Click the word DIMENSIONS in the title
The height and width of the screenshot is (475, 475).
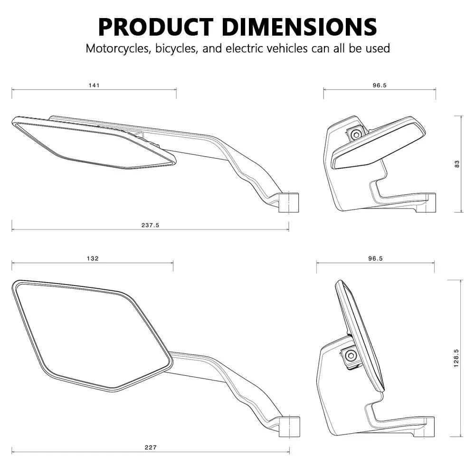[299, 27]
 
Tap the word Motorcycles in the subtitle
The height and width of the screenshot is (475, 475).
[116, 48]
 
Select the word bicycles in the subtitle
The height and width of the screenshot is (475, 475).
[175, 48]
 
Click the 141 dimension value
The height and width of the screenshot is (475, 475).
[94, 85]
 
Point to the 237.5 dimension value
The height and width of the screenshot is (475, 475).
[150, 225]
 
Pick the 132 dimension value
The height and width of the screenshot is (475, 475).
[93, 258]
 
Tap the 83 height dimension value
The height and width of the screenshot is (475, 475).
[457, 163]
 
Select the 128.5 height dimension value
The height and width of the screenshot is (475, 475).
[456, 358]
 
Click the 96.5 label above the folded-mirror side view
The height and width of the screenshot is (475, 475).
[380, 85]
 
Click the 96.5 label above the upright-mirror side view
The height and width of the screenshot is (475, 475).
[375, 258]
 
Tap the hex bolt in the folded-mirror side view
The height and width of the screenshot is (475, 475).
[356, 134]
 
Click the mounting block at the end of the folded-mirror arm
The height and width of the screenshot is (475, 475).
[290, 201]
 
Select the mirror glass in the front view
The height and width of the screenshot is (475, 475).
[90, 332]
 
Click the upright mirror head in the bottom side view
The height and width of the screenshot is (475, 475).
[360, 332]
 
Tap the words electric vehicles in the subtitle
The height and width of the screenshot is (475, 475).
[266, 48]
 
